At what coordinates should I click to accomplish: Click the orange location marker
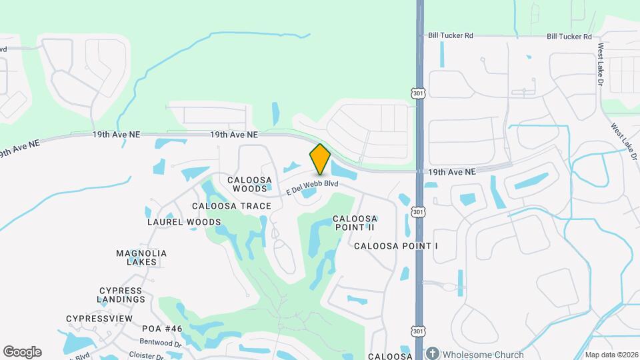320,159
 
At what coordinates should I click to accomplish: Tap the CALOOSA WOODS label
249,185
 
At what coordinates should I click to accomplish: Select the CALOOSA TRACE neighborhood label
231,206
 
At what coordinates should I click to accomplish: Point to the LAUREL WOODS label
184,222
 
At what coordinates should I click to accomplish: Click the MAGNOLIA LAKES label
141,258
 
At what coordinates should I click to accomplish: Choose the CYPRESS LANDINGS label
121,295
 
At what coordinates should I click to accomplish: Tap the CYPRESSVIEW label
99,319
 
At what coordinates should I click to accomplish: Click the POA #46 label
162,329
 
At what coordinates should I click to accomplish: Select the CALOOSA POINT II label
355,223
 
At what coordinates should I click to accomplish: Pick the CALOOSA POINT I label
396,246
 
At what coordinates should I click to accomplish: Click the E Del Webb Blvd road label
313,187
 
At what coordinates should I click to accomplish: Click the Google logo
22,352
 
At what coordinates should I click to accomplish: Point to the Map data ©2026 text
611,355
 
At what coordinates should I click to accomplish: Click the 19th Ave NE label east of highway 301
452,172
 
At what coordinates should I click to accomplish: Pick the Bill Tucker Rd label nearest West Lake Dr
569,36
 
